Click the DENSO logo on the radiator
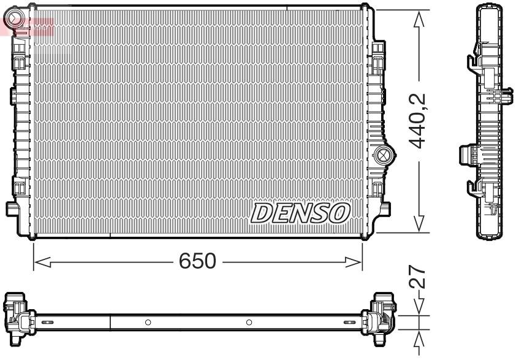(x=300, y=213)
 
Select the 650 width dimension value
(x=197, y=262)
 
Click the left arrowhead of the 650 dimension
(x=39, y=262)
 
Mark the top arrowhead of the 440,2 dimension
(x=419, y=18)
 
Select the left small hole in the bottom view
(x=147, y=323)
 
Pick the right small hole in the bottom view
(x=249, y=323)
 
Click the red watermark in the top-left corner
(x=28, y=25)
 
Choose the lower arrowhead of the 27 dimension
(x=419, y=335)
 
